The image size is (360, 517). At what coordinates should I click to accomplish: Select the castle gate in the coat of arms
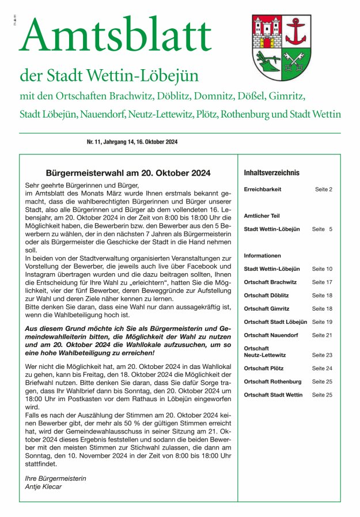coord(267,41)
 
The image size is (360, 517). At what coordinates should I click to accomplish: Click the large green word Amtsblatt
coord(116,35)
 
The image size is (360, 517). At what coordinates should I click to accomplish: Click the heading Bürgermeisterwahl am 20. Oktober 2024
coord(128,173)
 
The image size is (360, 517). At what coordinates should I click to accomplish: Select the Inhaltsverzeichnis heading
coord(271,173)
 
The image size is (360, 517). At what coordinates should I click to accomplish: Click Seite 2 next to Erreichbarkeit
coord(323,189)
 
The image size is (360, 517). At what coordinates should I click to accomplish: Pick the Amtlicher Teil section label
coord(262,216)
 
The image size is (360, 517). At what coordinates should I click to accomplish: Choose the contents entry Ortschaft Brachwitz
coord(270,282)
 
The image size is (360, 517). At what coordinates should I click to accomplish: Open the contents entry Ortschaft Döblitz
coord(266,295)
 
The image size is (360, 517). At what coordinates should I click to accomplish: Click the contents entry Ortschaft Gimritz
coord(266,308)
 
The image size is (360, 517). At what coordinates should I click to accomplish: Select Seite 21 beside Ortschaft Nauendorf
coord(322,335)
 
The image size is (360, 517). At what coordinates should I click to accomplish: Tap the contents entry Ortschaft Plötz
coord(263,368)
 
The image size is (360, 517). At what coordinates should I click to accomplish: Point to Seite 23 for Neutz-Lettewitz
coord(322,355)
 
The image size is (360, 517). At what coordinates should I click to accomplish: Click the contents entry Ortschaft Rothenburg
coord(272,382)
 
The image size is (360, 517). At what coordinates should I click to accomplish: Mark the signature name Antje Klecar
coord(44,486)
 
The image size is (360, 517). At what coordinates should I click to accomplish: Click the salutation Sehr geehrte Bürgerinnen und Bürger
coord(82,186)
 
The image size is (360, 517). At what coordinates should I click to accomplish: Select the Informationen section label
coord(262,255)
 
